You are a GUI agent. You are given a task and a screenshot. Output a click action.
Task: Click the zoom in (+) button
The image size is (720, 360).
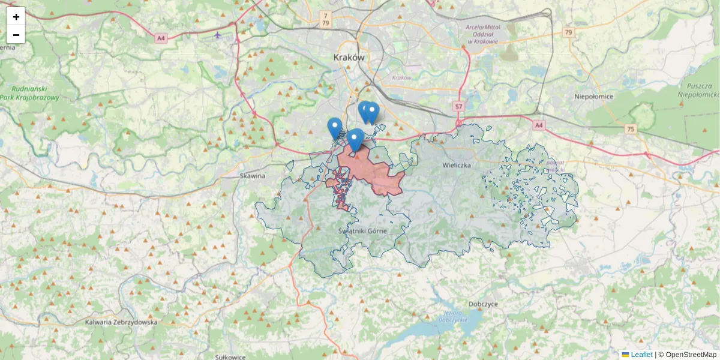pos(16,16)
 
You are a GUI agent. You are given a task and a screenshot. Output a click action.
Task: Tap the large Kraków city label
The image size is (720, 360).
pos(349,58)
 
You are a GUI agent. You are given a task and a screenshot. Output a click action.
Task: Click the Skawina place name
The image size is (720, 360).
pos(253,176)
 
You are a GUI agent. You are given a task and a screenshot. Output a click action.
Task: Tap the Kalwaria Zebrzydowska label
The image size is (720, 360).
pos(121,322)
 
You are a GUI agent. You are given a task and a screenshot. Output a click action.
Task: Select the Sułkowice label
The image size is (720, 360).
pos(230,356)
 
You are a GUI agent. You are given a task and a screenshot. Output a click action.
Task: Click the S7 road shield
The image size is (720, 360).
pos(459,106)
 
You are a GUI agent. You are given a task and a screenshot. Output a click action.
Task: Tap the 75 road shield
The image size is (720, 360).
pos(630,128)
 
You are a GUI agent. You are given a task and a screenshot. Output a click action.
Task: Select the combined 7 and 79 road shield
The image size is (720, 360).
pos(325,19)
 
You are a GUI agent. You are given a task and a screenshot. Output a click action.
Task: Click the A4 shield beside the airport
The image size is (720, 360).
pos(160,38)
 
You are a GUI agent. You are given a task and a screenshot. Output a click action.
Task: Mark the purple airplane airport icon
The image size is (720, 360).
pos(217,34)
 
